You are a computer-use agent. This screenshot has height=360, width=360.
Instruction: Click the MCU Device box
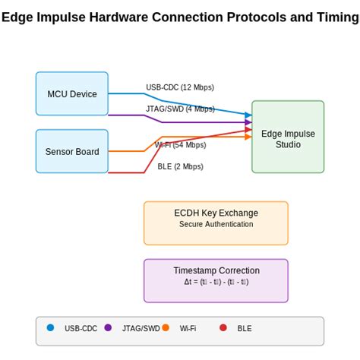point(72,93)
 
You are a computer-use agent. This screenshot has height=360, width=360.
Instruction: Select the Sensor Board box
point(72,151)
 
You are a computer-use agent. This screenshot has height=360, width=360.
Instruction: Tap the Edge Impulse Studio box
point(288,137)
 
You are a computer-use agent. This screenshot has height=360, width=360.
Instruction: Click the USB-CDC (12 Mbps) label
point(180,87)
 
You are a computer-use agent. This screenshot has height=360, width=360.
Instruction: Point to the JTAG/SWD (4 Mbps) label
point(180,109)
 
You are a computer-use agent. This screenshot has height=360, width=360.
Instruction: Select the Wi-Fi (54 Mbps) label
point(180,145)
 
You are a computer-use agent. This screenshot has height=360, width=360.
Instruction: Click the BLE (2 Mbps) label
point(180,166)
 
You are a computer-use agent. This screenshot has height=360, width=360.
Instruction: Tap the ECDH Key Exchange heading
point(216,213)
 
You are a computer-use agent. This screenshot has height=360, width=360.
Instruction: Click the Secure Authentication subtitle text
point(216,224)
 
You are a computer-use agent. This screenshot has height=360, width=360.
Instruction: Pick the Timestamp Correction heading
point(216,270)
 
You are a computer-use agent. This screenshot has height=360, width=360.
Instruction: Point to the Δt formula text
point(216,282)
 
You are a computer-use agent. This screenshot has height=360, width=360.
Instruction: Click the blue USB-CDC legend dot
point(51,328)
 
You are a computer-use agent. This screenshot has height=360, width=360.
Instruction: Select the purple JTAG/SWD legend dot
point(108,328)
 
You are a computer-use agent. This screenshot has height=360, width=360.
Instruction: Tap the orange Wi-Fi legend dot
point(166,328)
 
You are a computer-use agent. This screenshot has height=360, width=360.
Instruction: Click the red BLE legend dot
point(223,328)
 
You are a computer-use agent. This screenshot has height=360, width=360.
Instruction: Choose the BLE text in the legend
point(245,329)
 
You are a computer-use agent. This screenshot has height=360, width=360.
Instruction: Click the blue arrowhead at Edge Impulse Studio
point(248,115)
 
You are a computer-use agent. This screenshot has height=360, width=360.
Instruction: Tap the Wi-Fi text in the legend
point(188,329)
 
